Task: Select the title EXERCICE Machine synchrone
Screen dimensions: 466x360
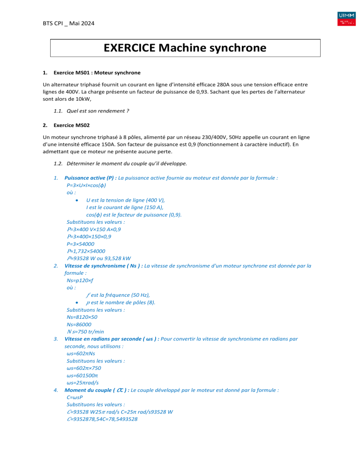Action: [186, 48]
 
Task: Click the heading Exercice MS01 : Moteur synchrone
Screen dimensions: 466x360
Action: [97, 73]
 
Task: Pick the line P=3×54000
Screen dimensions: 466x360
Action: [82, 244]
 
